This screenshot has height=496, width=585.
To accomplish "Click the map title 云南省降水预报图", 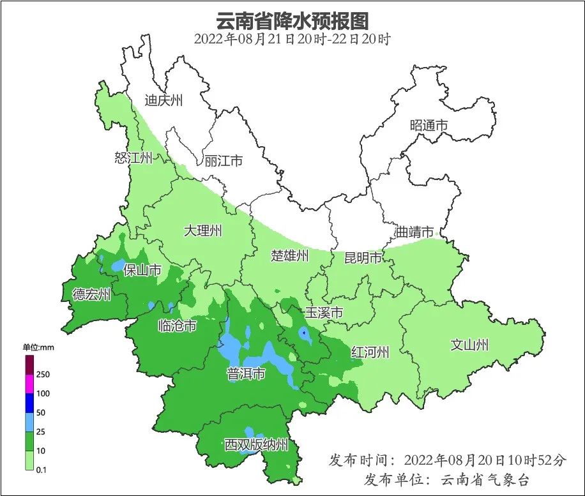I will coord(292,20).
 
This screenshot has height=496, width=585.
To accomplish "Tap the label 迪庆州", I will coord(163,100).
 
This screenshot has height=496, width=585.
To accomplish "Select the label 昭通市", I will coord(429,126).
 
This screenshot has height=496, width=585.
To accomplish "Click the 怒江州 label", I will coord(133,158).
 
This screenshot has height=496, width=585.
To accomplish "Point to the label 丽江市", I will coord(224,161).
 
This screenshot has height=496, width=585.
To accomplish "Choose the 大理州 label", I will coord(203,230).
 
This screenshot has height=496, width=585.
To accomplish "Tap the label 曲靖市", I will coord(414,232).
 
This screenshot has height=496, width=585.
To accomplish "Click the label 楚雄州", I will coord(289,256).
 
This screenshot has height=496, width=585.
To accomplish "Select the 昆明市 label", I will coord(363,258).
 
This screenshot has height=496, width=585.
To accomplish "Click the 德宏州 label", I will coord(91,294).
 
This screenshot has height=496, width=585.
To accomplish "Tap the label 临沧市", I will coord(177,326).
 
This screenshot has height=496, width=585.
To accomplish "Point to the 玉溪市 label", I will coord(324,313).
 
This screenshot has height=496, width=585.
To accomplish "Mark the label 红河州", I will coord(370,352).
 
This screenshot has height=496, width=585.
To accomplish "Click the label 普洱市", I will coord(246,374).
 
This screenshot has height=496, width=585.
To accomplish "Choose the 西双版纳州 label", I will coord(257,445).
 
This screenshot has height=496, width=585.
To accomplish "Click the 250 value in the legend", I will coord(43,374).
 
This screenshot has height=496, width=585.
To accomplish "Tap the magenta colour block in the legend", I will coord(29,384).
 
